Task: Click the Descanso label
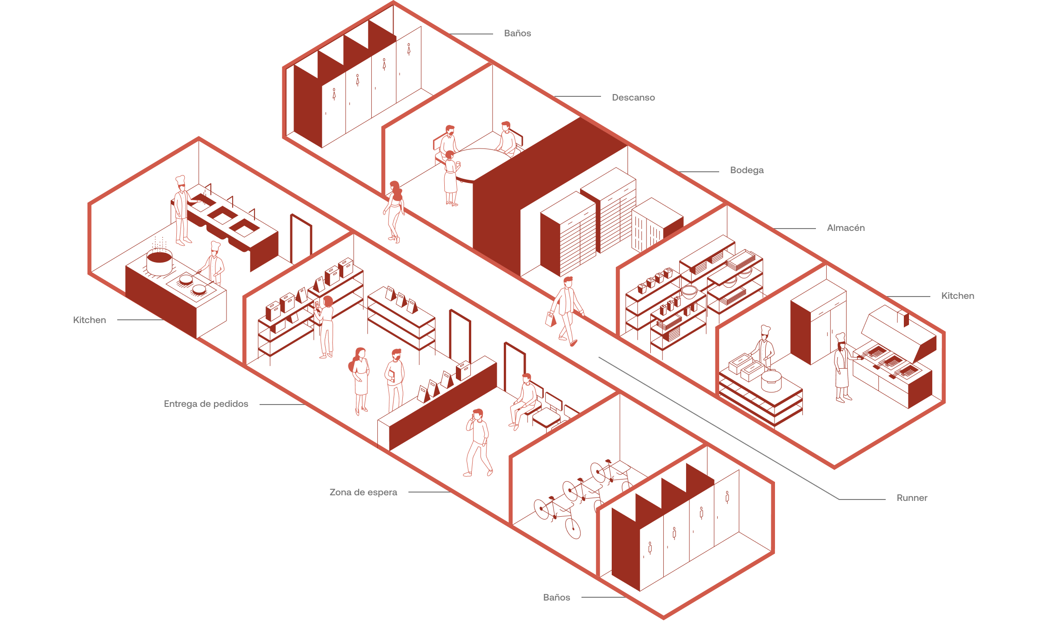click(x=633, y=98)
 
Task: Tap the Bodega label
click(x=747, y=170)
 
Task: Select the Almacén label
click(x=846, y=228)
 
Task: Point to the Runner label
click(x=912, y=498)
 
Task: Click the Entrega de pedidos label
click(x=206, y=404)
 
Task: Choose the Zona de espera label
click(x=363, y=493)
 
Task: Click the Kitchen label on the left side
click(x=89, y=320)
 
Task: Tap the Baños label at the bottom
click(x=556, y=597)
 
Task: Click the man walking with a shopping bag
click(x=567, y=310)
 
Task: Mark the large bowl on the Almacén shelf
click(x=689, y=292)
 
